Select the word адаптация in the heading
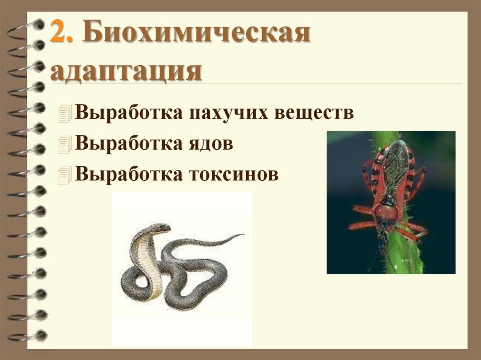(x=126, y=72)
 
